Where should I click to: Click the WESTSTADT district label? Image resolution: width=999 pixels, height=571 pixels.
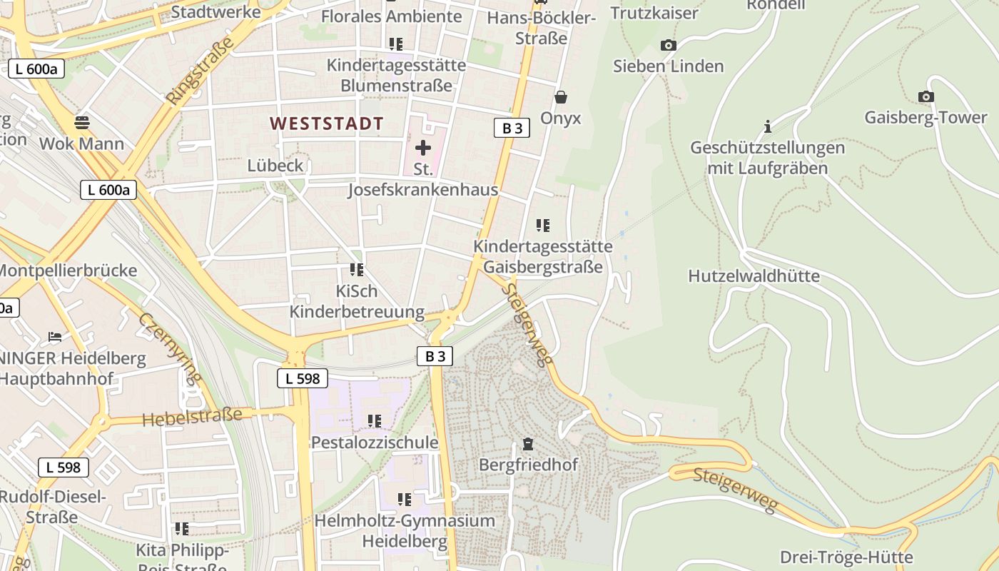point(327,123)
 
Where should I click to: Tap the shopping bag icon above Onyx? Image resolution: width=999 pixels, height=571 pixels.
point(561,97)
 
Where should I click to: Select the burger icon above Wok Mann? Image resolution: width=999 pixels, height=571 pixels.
point(82,121)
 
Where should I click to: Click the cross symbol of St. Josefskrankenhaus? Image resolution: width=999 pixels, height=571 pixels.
point(423,148)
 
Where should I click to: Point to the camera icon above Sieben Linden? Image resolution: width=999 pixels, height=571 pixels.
point(668,46)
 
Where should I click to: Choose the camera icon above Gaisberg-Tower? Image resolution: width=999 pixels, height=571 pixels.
point(926,97)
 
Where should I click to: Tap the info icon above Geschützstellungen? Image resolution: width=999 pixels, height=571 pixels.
point(768,127)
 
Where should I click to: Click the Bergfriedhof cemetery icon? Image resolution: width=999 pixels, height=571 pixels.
point(527,444)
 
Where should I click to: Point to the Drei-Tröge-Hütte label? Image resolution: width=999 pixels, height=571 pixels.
point(846,557)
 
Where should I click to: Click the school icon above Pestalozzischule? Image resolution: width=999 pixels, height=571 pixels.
point(375,421)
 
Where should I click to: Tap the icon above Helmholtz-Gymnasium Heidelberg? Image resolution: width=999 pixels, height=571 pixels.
point(405,500)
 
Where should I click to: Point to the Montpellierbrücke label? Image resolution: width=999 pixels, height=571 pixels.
point(67,271)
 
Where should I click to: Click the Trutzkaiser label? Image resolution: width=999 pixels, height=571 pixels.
point(654,13)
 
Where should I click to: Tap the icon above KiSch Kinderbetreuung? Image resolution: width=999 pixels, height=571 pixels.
point(356,270)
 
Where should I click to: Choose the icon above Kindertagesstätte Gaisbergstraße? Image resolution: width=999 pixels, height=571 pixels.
point(543,226)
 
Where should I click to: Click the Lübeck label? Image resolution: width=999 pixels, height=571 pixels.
point(275,166)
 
